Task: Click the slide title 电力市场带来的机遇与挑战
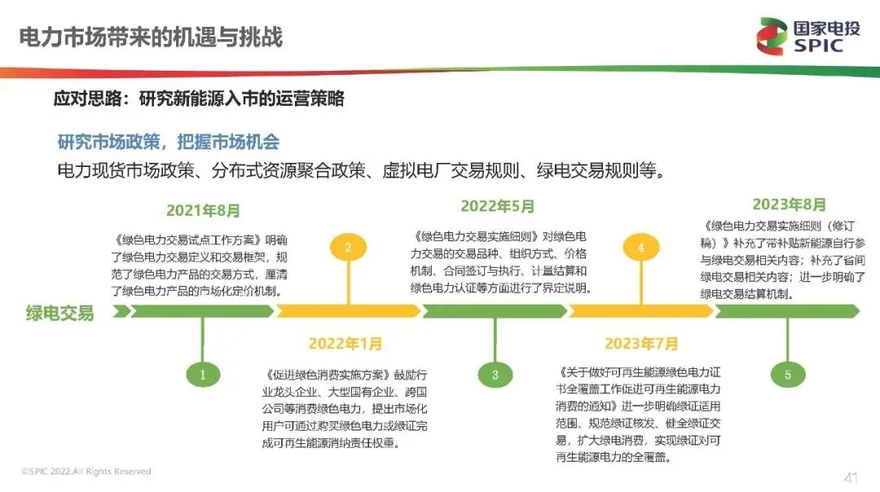[151, 37]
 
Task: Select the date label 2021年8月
[204, 210]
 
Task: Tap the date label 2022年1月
[345, 344]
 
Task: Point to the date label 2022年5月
[497, 206]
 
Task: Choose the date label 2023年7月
[641, 344]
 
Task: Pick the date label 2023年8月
[789, 204]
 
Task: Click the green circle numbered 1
[203, 375]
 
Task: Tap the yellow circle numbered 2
[348, 247]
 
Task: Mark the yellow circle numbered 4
[641, 247]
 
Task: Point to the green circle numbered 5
[787, 375]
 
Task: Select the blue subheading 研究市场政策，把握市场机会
[168, 143]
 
